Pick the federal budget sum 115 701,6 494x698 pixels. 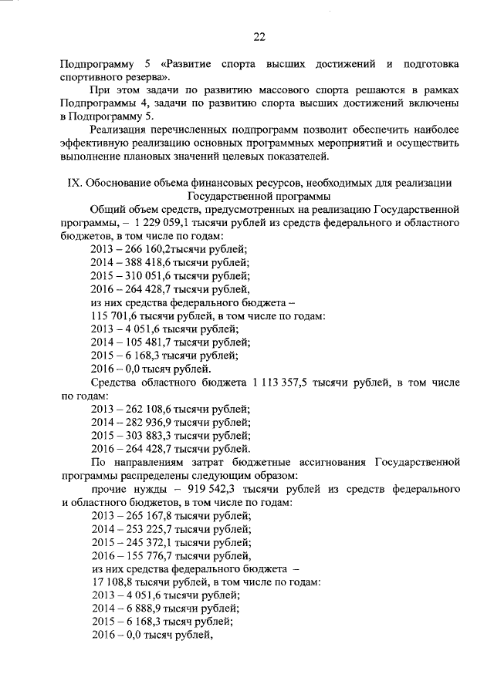pyautogui.click(x=116, y=315)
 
